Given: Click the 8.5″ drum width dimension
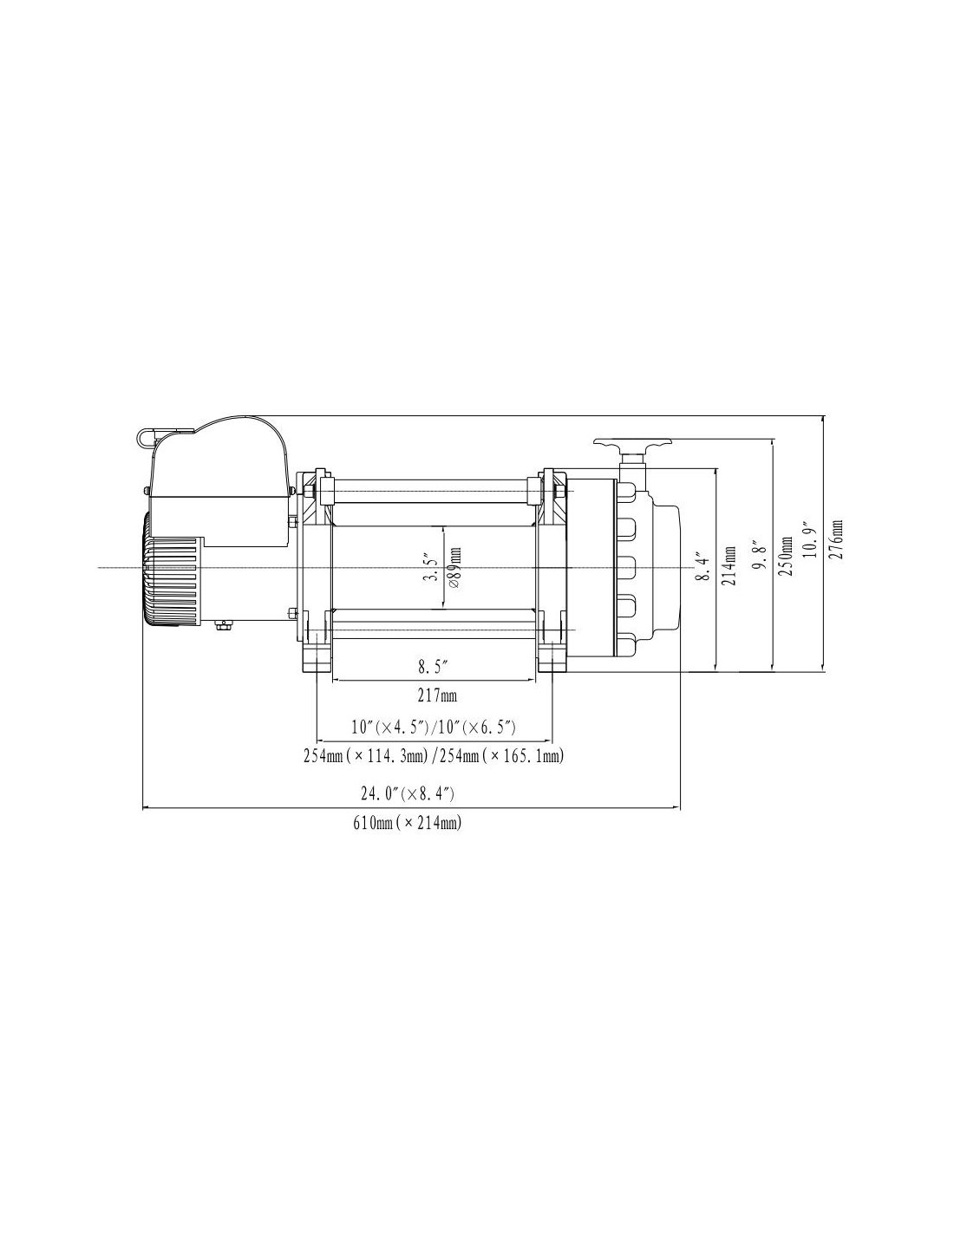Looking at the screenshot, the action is (x=434, y=668).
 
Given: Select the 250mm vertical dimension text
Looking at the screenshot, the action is (x=785, y=556).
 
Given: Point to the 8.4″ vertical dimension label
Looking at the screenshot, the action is (x=703, y=567).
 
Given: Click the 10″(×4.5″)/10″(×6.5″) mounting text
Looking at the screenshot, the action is (x=433, y=727).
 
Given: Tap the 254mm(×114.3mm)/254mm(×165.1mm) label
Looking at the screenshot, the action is (x=433, y=756).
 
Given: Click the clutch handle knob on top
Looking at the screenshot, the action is (x=632, y=443).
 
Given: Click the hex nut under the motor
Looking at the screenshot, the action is (x=223, y=625).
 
